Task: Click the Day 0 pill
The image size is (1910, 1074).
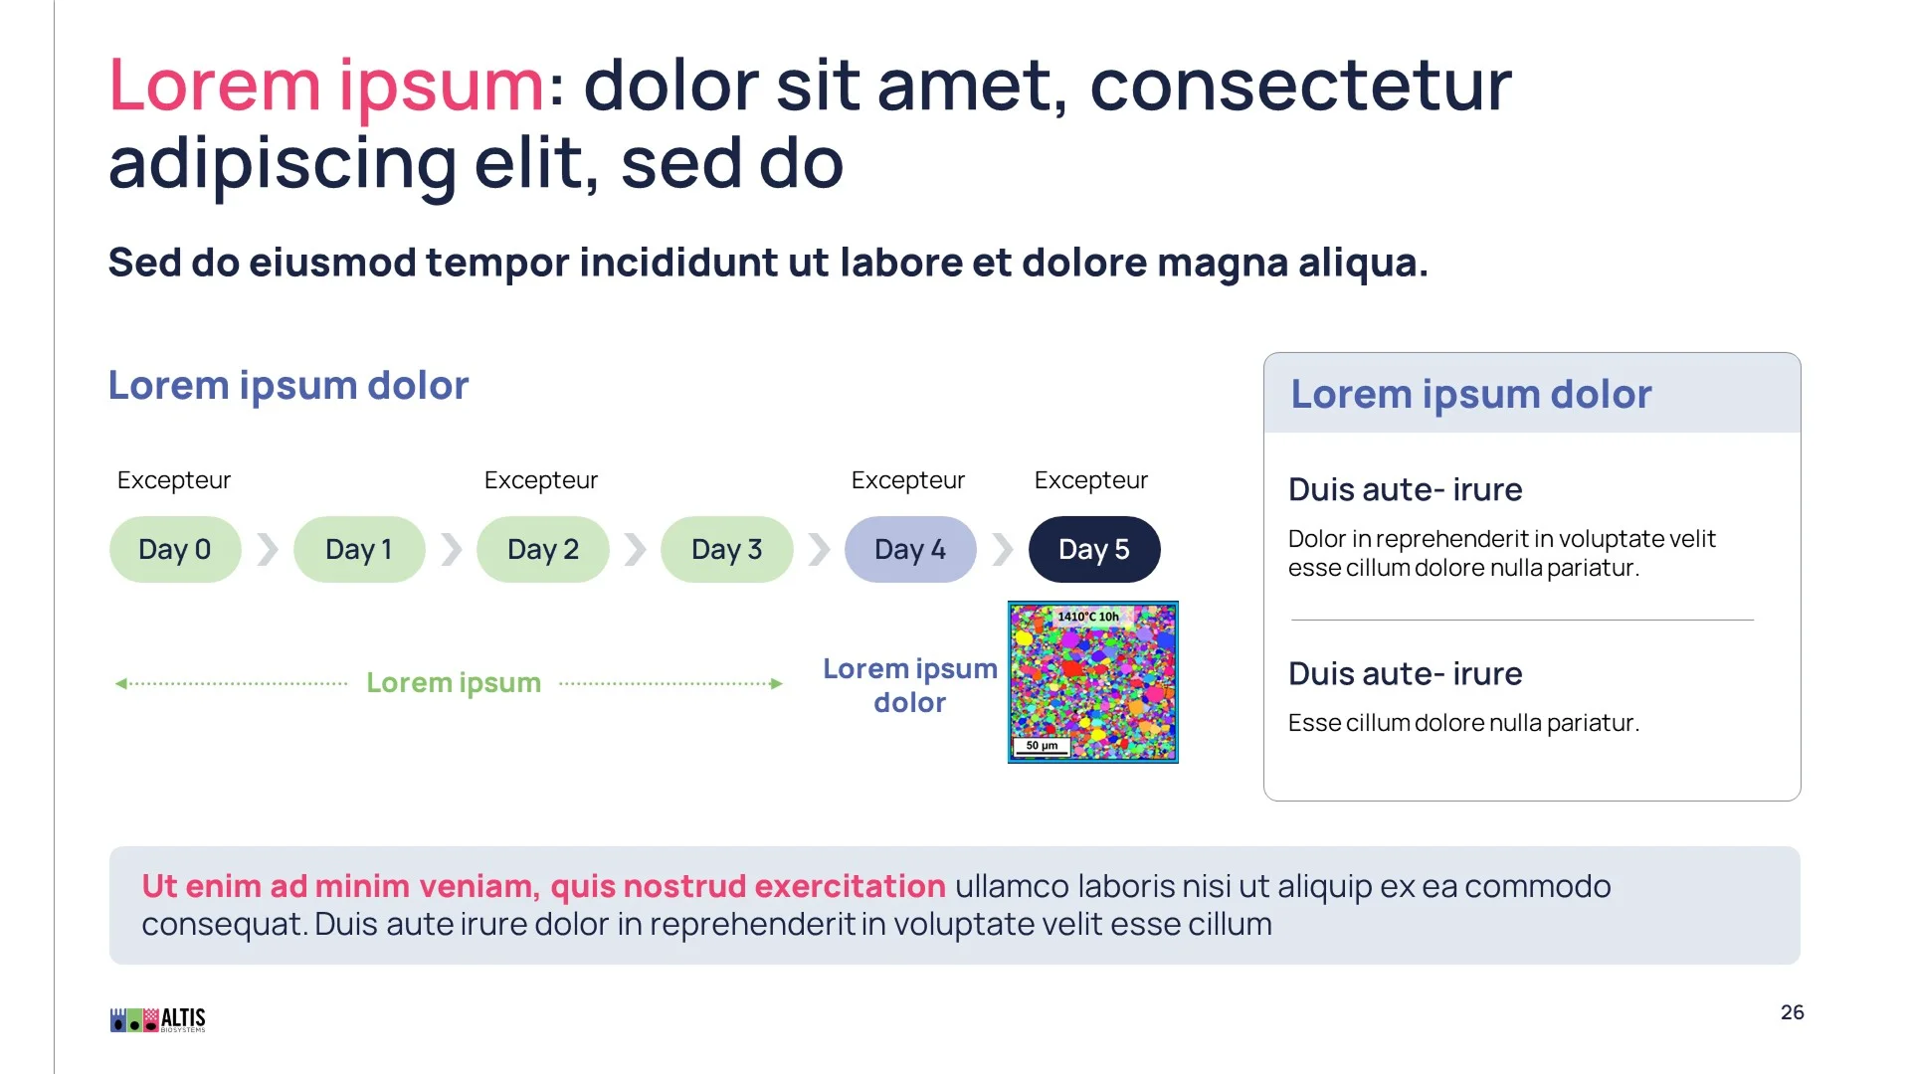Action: pyautogui.click(x=175, y=549)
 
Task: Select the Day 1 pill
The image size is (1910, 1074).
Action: pyautogui.click(x=359, y=549)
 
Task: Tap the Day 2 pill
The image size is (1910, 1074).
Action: pyautogui.click(x=543, y=549)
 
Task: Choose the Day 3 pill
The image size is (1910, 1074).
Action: pyautogui.click(x=727, y=549)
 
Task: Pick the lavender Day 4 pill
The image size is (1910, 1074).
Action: pyautogui.click(x=910, y=549)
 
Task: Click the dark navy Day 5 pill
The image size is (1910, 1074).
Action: pyautogui.click(x=1094, y=549)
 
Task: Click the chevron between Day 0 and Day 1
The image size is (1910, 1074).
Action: pyautogui.click(x=268, y=549)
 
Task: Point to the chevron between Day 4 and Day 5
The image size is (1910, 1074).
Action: pyautogui.click(x=1003, y=549)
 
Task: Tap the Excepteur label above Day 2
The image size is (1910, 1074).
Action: pyautogui.click(x=541, y=480)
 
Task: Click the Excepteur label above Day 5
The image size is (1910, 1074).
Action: pyautogui.click(x=1091, y=480)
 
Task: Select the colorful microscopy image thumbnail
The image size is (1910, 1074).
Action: pyautogui.click(x=1093, y=682)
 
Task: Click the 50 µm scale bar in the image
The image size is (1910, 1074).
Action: pyautogui.click(x=1042, y=746)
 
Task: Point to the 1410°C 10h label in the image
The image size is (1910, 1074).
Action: pyautogui.click(x=1088, y=617)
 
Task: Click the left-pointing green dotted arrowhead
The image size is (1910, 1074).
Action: pyautogui.click(x=121, y=683)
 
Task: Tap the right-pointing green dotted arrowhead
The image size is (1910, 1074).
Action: pyautogui.click(x=777, y=683)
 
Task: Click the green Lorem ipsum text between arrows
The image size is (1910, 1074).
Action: pyautogui.click(x=454, y=683)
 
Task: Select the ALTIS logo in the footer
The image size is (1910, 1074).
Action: pyautogui.click(x=158, y=1019)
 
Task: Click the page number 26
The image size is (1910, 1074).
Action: pyautogui.click(x=1792, y=1012)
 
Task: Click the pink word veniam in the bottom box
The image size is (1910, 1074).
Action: pyautogui.click(x=478, y=886)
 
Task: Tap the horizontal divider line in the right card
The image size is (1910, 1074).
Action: pyautogui.click(x=1522, y=620)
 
